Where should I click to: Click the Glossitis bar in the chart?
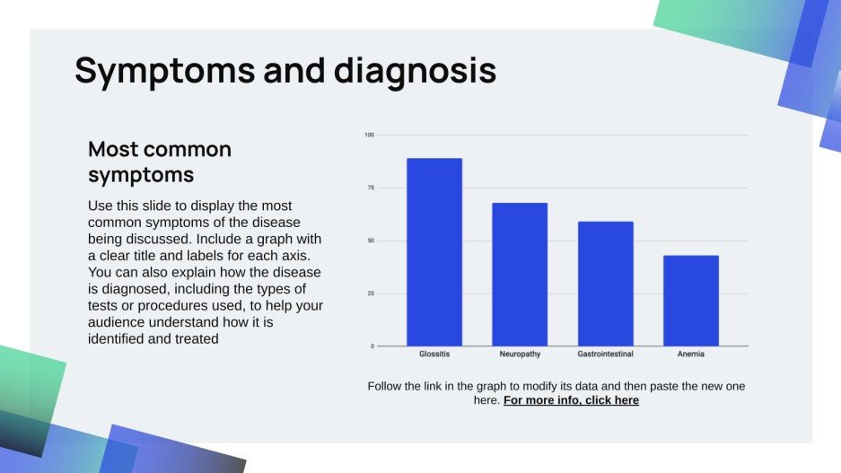coord(434,252)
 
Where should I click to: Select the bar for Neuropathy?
coord(520,274)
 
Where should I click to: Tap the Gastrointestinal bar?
coord(605,284)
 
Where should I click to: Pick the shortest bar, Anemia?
coord(690,301)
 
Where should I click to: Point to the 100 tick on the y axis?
coord(369,136)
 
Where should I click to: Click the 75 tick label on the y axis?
coord(370,188)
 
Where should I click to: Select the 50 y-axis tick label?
coord(370,241)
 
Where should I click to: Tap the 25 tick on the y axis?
coord(370,293)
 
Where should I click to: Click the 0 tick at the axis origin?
coord(372,346)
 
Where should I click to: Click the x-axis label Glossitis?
coord(434,355)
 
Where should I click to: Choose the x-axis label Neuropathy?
coord(520,355)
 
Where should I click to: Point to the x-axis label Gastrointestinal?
coord(605,355)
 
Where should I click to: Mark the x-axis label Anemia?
coord(690,355)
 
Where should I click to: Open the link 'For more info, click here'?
coord(571,400)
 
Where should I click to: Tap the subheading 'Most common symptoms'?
coord(160,161)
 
